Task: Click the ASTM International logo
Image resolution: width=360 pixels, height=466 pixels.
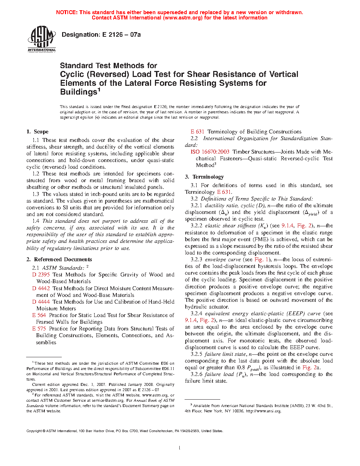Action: click(x=42, y=38)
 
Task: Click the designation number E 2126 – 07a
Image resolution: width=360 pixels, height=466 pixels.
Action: click(x=121, y=35)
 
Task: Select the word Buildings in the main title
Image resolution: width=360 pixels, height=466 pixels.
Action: click(x=78, y=92)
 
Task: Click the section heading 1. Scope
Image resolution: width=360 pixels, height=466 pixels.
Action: click(x=37, y=132)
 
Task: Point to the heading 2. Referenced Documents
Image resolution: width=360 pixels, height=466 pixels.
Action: click(x=59, y=259)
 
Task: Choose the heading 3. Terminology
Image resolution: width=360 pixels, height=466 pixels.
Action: click(x=204, y=177)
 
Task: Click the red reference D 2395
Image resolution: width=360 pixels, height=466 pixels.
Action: click(x=41, y=275)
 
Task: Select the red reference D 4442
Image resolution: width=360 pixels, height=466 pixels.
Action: click(x=41, y=288)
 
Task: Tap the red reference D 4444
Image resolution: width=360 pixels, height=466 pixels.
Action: click(x=41, y=302)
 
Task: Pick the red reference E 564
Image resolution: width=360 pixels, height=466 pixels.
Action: click(x=39, y=315)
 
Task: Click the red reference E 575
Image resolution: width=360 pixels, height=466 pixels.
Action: click(x=39, y=329)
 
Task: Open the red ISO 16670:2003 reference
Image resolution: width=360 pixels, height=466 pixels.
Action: click(x=210, y=152)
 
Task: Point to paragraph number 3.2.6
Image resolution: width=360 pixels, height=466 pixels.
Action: click(x=197, y=374)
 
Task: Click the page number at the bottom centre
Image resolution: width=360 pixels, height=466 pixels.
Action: click(x=180, y=448)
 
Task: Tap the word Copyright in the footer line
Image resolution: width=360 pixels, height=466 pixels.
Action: click(x=34, y=431)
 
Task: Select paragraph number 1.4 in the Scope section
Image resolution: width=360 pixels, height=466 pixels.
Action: click(x=36, y=221)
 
